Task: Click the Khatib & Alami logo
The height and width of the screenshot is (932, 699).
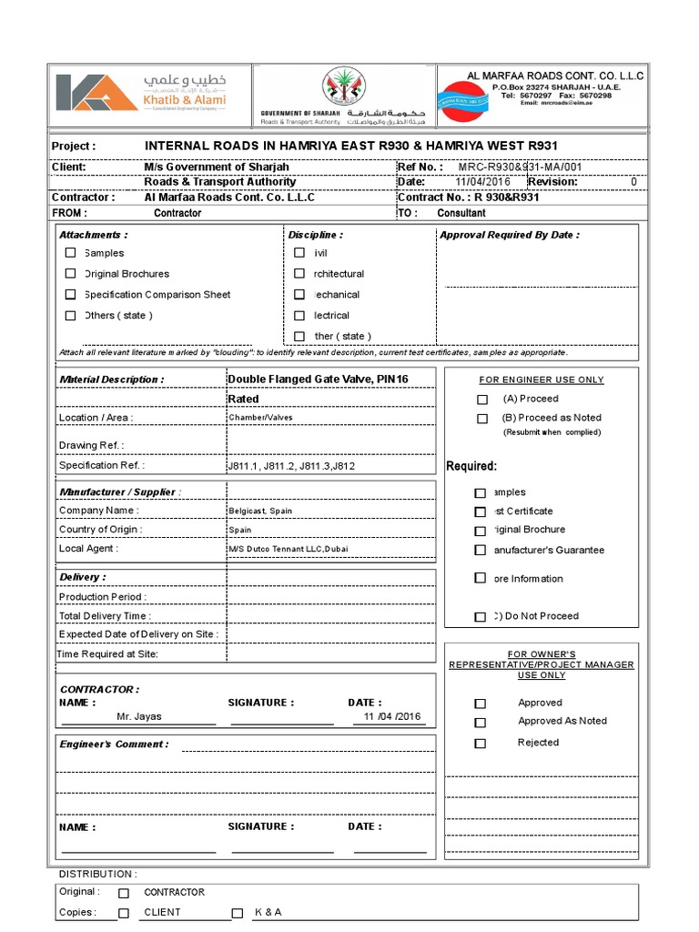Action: coord(141,93)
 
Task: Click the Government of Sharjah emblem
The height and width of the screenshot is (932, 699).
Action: coord(343,88)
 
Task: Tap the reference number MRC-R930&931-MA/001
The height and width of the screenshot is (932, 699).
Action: coord(519,167)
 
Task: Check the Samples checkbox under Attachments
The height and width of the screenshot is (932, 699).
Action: coord(71,253)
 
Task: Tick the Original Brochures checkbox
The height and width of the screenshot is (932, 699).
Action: coord(71,273)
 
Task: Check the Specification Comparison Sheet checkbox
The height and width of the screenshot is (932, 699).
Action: coord(71,295)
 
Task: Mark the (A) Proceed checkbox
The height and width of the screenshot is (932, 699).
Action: coord(482,400)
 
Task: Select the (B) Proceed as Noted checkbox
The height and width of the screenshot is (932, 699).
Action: coord(482,419)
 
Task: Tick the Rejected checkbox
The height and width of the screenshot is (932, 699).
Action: coord(481,744)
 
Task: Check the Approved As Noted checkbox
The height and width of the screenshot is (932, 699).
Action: coord(481,723)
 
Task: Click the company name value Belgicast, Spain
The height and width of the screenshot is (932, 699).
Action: coord(260,512)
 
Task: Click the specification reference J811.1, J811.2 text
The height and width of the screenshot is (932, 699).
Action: coord(291,466)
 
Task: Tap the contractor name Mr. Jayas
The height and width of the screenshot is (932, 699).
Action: coord(139,717)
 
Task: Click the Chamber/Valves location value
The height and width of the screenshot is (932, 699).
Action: coord(260,418)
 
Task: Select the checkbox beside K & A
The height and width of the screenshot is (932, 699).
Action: coord(238,913)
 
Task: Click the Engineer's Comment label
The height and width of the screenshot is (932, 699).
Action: coord(115,745)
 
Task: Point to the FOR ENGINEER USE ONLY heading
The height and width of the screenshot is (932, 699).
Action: coord(542,380)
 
